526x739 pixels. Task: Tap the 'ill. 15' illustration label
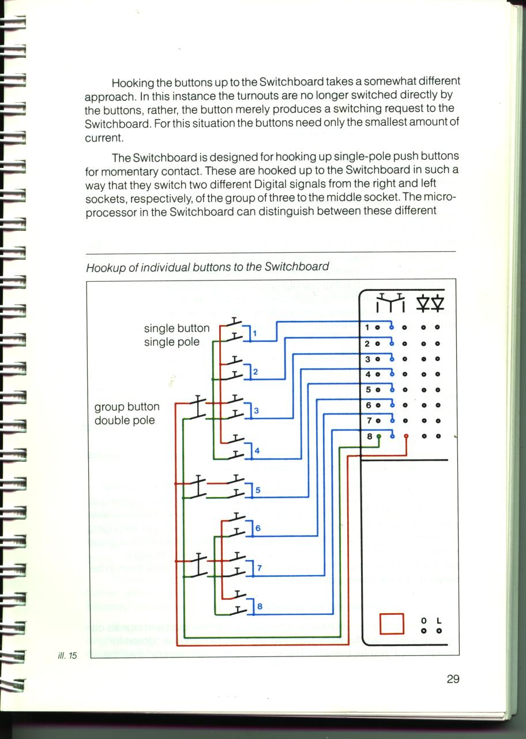coord(67,655)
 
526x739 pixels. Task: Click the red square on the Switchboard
coord(392,624)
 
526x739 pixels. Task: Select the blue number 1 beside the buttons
coord(254,334)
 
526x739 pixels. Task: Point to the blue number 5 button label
coord(258,490)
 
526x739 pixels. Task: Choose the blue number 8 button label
coord(260,606)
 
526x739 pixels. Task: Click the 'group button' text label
coord(127,407)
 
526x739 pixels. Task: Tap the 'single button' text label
coord(176,329)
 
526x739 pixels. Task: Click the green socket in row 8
coord(379,436)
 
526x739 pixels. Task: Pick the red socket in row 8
coord(406,436)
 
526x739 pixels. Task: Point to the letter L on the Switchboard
coord(439,621)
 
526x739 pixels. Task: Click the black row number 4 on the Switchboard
coord(368,374)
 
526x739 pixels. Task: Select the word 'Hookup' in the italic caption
coord(106,268)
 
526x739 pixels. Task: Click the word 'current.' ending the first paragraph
coord(104,138)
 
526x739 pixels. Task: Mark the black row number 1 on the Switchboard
coord(367,327)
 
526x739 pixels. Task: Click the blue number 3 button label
coord(257,410)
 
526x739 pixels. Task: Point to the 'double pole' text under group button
coord(125,421)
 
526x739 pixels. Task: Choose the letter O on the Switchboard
coord(424,621)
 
